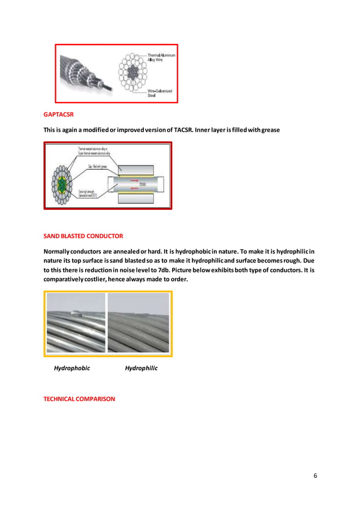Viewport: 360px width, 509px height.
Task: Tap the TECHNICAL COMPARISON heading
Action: coord(79,399)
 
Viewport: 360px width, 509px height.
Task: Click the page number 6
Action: coord(315,475)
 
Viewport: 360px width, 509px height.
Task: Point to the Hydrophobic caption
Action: coord(72,368)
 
